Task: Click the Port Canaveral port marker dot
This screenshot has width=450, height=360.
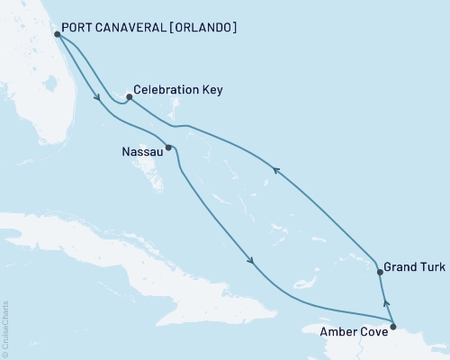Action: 57,34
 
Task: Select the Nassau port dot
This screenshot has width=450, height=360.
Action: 168,147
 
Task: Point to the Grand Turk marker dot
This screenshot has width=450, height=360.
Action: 380,270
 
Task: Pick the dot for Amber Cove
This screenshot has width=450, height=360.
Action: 393,322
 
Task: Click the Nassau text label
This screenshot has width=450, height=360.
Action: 142,152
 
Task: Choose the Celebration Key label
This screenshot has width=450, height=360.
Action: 177,91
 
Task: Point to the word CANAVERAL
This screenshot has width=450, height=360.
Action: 126,28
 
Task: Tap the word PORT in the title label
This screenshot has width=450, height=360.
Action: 76,28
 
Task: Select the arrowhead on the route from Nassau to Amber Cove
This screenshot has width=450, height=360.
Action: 251,261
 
